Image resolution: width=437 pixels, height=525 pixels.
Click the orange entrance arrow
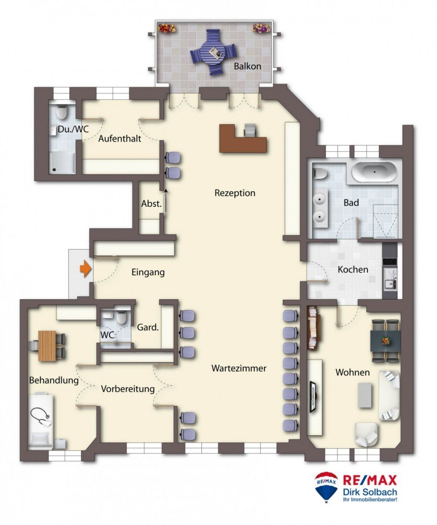(x=85, y=269)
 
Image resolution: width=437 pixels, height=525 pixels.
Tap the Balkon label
(x=247, y=67)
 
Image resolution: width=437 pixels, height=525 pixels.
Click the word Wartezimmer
(x=239, y=369)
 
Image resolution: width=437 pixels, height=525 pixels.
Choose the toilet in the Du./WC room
(x=62, y=113)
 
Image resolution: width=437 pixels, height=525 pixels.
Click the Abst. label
(x=152, y=204)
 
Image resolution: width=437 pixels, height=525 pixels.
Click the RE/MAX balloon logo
(x=326, y=486)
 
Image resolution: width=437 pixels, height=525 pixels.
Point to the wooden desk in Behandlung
(x=47, y=345)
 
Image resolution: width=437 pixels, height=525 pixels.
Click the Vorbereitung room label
(x=128, y=389)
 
